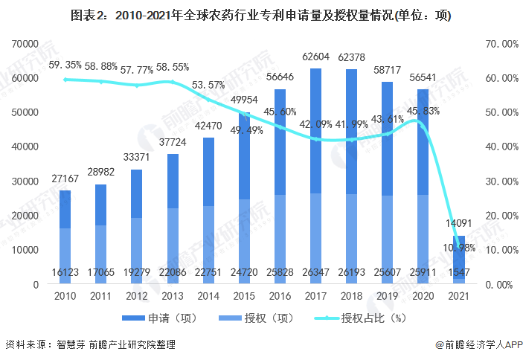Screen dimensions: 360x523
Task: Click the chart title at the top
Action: (x=261, y=15)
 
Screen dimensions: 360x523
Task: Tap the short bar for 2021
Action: (x=458, y=260)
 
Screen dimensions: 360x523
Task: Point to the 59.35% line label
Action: (x=65, y=65)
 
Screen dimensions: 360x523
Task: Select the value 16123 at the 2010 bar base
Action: (x=65, y=274)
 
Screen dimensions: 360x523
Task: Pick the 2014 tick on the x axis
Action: (x=208, y=296)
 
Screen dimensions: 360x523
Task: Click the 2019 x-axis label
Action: (x=387, y=296)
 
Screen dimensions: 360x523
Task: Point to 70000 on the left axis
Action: (x=25, y=44)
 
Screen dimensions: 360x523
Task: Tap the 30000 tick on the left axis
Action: (x=25, y=181)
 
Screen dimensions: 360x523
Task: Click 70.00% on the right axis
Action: (x=500, y=44)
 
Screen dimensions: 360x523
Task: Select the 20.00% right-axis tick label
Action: (x=500, y=216)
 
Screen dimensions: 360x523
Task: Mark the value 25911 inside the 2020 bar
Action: (x=423, y=274)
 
